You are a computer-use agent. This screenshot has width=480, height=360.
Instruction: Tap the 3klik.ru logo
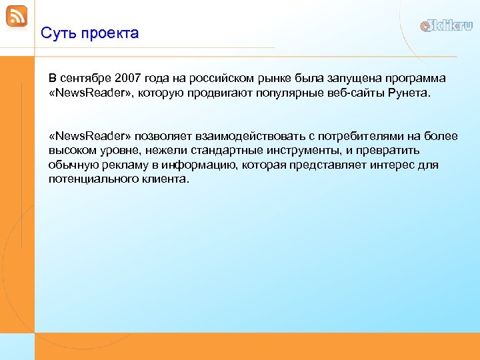(x=446, y=26)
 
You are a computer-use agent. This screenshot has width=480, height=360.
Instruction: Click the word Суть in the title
(x=56, y=33)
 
